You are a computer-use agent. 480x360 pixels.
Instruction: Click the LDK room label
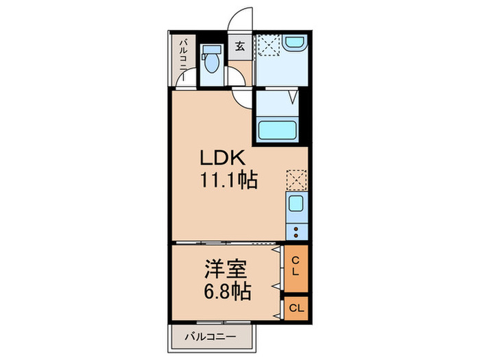click(x=221, y=158)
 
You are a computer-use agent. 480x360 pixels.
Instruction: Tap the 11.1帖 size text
click(x=228, y=182)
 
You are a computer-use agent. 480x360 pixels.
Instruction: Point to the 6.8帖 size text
click(x=226, y=291)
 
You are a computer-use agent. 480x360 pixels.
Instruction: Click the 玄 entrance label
click(x=241, y=47)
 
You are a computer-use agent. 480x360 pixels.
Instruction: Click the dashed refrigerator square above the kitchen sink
click(x=296, y=180)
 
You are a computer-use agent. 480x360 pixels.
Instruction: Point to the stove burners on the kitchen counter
click(x=297, y=230)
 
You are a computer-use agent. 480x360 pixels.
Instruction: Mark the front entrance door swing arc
click(x=241, y=20)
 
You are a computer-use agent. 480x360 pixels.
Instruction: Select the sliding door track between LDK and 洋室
click(x=226, y=242)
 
